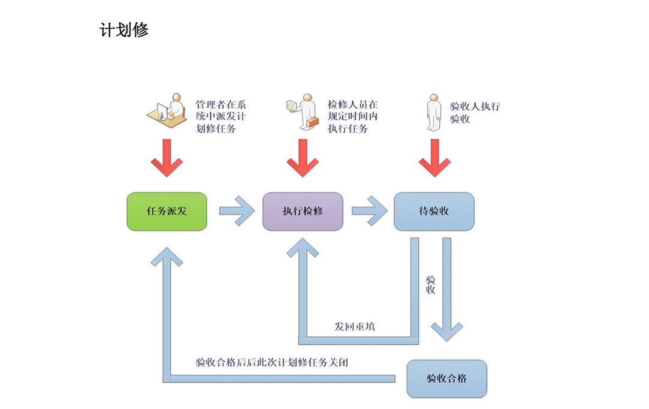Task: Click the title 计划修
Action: (124, 30)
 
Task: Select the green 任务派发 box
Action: (167, 211)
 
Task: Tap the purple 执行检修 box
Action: (303, 211)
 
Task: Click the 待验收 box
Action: (434, 211)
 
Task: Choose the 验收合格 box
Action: (446, 379)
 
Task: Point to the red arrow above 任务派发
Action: (167, 158)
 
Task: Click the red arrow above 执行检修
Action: (303, 158)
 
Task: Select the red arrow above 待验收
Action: (434, 158)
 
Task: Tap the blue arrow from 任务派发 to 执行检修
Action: (237, 211)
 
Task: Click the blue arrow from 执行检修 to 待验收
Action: (369, 211)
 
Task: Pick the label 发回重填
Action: (355, 326)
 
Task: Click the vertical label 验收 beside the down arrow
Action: (430, 285)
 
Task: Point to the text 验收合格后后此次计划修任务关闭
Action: (272, 363)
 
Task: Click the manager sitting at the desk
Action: (167, 110)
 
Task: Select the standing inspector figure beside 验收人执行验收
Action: (434, 112)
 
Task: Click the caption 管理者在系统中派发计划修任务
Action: (221, 116)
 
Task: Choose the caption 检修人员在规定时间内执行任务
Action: (352, 116)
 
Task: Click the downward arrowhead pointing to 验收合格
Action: (446, 332)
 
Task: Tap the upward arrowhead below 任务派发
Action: (167, 256)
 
